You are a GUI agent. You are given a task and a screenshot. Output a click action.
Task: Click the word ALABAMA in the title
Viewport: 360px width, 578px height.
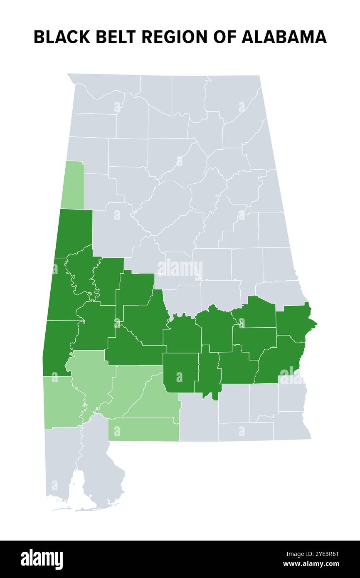point(284,37)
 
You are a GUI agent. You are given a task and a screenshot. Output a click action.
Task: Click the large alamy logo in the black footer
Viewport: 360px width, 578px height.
point(42,559)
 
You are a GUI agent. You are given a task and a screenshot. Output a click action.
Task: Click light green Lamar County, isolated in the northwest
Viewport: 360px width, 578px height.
point(73,185)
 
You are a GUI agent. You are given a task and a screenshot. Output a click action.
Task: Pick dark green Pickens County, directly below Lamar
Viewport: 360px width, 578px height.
point(74,233)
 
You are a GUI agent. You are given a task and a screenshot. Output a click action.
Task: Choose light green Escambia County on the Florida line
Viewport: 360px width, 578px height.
point(143,429)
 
